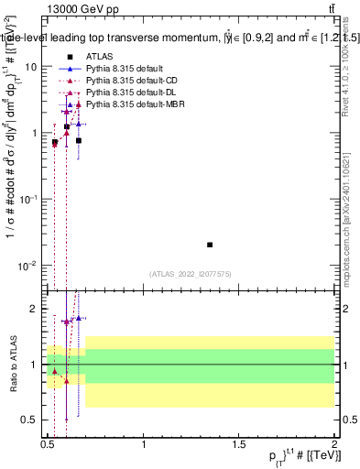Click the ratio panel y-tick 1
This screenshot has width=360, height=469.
coord(34,365)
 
